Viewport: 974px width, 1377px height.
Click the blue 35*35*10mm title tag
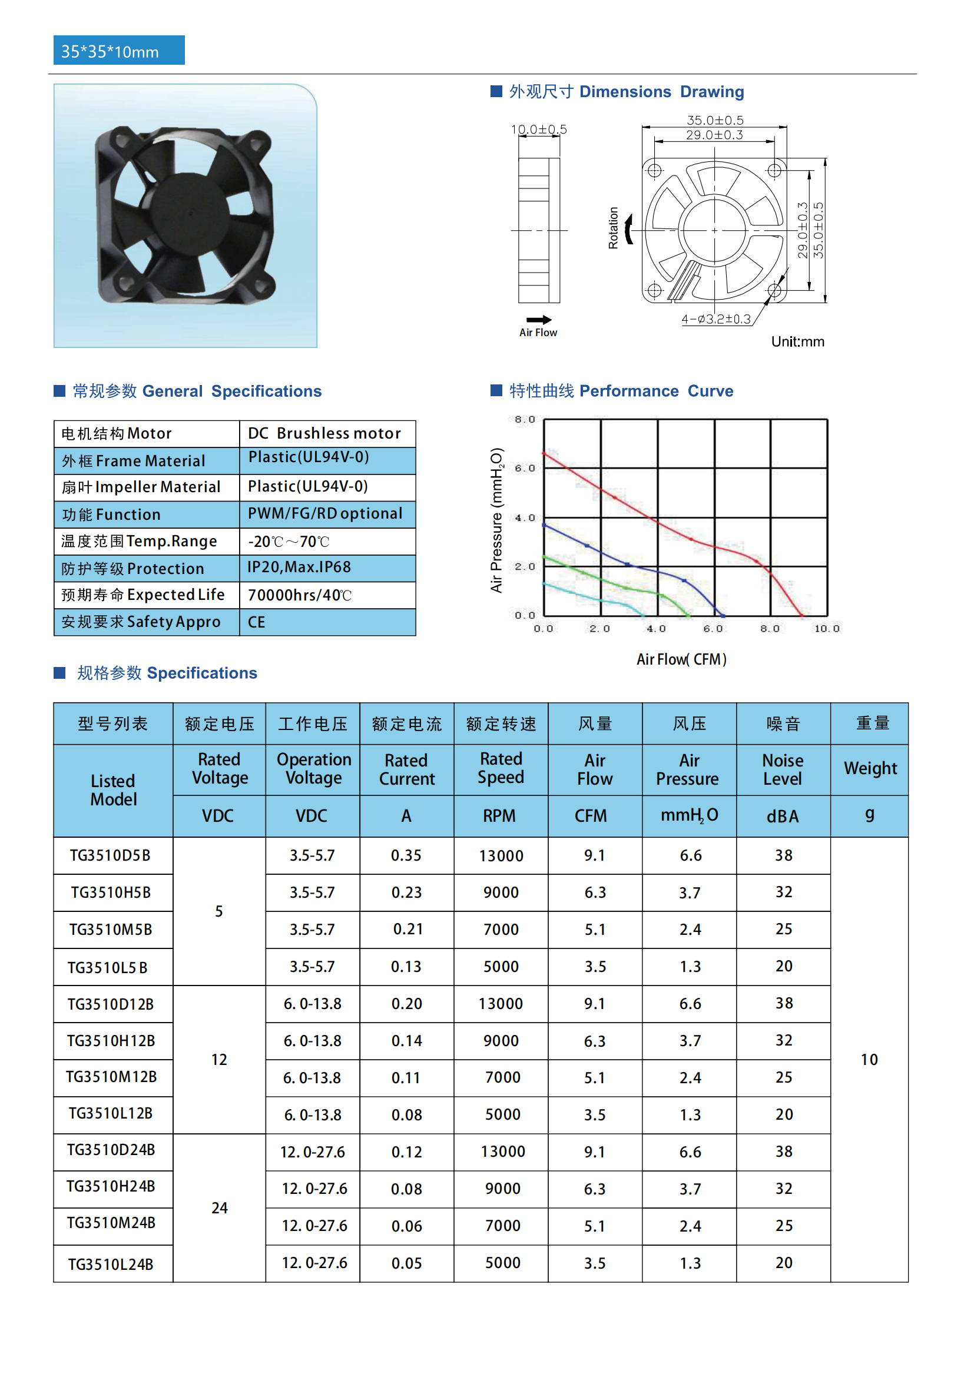pyautogui.click(x=119, y=51)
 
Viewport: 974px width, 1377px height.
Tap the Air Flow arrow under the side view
pyautogui.click(x=539, y=320)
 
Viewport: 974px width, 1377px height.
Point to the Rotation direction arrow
pyautogui.click(x=628, y=229)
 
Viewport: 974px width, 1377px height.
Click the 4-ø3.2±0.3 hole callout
pyautogui.click(x=715, y=319)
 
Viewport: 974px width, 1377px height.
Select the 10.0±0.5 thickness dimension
pyautogui.click(x=539, y=130)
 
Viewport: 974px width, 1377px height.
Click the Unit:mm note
pyautogui.click(x=797, y=342)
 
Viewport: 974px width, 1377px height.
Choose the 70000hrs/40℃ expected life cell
pyautogui.click(x=300, y=595)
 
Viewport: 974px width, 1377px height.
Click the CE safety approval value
pyautogui.click(x=257, y=622)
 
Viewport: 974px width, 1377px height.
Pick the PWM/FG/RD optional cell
pyautogui.click(x=325, y=514)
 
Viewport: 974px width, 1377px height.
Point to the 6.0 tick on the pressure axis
pyautogui.click(x=524, y=468)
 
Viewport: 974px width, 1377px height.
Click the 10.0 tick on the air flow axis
pyautogui.click(x=826, y=629)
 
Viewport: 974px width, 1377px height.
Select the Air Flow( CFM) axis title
pyautogui.click(x=681, y=660)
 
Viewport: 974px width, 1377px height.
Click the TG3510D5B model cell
pyautogui.click(x=110, y=855)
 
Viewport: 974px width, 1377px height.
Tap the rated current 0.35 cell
pyautogui.click(x=406, y=855)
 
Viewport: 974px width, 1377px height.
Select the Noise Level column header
pyautogui.click(x=783, y=769)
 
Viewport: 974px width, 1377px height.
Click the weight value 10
pyautogui.click(x=869, y=1060)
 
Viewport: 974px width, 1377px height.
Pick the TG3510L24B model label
pyautogui.click(x=111, y=1264)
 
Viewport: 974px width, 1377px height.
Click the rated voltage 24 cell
pyautogui.click(x=220, y=1208)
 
